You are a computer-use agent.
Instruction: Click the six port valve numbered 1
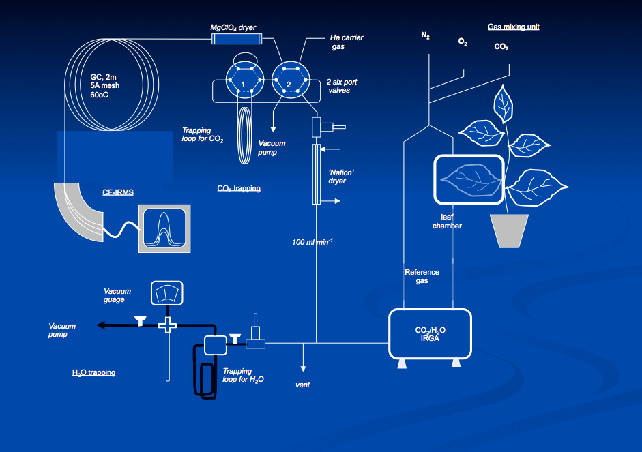pos(243,83)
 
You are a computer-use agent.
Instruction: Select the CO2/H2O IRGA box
pos(430,333)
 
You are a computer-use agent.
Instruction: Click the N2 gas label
pos(425,35)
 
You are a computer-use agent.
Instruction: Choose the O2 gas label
pos(463,42)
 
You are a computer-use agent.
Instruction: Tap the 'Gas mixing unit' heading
pos(514,27)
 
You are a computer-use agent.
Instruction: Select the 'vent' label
pos(303,385)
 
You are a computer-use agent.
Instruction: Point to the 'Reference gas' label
pos(422,276)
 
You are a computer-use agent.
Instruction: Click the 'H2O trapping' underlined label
pos(93,373)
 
